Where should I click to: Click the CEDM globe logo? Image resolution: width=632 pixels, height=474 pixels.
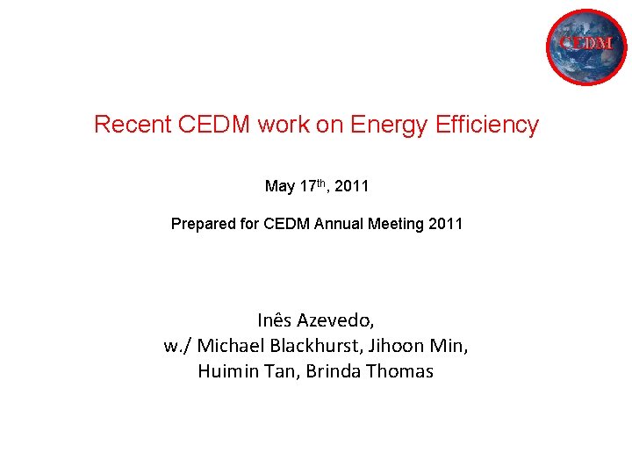pos(586,47)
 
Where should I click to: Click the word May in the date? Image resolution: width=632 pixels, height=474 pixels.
pos(280,186)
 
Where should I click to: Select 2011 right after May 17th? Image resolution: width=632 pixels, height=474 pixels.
pos(353,186)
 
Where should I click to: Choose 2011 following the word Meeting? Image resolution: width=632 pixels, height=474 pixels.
pos(445,225)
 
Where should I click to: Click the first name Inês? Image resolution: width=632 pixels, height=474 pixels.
pos(276,320)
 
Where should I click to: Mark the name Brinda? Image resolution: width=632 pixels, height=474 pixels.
pos(334,371)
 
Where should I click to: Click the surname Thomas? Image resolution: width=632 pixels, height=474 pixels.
pos(399,371)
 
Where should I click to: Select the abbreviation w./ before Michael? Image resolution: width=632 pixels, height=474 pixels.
pos(177,345)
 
